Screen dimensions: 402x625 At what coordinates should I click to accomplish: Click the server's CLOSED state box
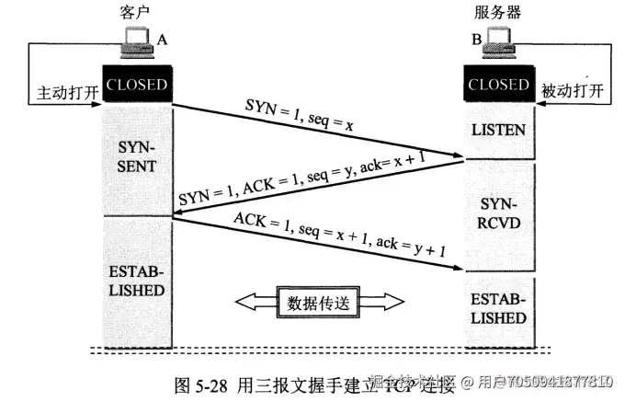pos(499,86)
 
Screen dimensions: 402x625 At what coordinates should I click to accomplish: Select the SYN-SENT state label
pos(138,157)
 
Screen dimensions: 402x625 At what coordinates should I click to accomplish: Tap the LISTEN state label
pos(499,129)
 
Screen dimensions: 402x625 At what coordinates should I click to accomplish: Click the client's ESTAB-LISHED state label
pos(138,281)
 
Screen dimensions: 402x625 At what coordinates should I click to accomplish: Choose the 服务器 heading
pos(499,12)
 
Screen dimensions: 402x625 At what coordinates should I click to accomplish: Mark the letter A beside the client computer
pos(163,40)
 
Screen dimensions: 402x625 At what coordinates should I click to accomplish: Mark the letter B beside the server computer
pos(476,40)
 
